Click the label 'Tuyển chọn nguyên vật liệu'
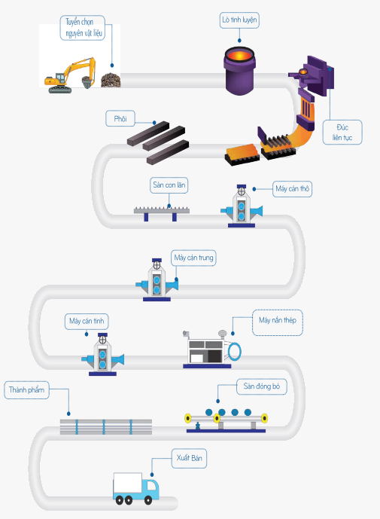(82, 28)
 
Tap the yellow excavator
(70, 76)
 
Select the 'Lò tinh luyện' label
(239, 20)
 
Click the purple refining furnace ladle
(239, 71)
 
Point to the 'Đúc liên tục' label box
(342, 133)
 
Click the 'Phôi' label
(120, 118)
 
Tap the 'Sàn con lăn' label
(169, 185)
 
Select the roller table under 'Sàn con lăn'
(161, 213)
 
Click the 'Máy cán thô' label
(293, 189)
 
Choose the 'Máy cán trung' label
(193, 258)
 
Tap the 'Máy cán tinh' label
(87, 321)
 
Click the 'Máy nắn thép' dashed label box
(278, 322)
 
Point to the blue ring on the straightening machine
(235, 351)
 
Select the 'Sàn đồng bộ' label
(262, 386)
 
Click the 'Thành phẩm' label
(27, 390)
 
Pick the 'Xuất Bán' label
(189, 458)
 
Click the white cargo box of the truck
(128, 484)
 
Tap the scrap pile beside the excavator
(111, 80)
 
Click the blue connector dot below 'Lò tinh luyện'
(239, 41)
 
